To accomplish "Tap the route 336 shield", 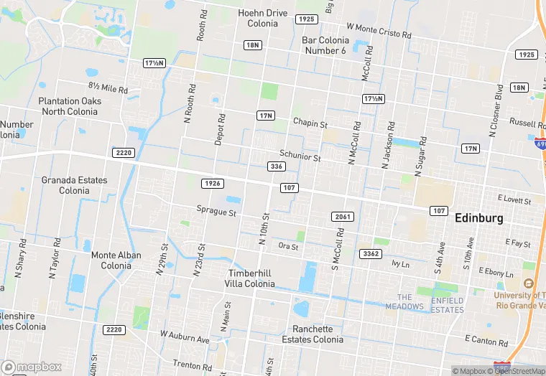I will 275,166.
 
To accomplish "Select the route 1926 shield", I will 212,184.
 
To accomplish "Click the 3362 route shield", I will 371,254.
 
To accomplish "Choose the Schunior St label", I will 300,156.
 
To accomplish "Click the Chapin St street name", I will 310,123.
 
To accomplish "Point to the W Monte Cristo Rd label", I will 379,30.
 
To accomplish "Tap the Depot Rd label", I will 221,129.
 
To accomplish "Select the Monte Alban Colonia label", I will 111,260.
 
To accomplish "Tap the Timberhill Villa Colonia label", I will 251,278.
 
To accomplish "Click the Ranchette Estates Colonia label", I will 313,334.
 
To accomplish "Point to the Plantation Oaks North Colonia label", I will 70,106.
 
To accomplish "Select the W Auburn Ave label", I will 185,336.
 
